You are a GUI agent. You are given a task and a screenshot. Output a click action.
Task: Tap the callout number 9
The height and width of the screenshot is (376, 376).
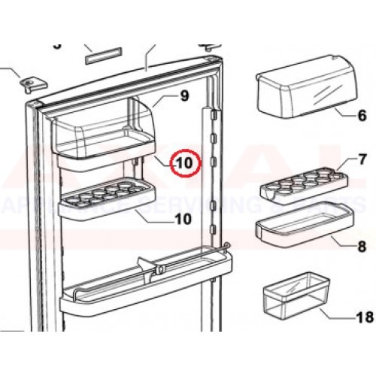coord(183,96)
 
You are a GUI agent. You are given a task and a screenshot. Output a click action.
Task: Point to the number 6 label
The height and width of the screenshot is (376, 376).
coord(361,116)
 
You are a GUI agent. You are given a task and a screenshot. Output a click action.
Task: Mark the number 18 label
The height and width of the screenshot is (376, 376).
coord(364,317)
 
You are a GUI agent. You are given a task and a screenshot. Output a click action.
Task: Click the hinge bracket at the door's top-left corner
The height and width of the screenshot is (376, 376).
coord(31,82)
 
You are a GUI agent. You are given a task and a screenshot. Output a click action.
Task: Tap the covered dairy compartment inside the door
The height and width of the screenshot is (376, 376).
coord(105,132)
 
